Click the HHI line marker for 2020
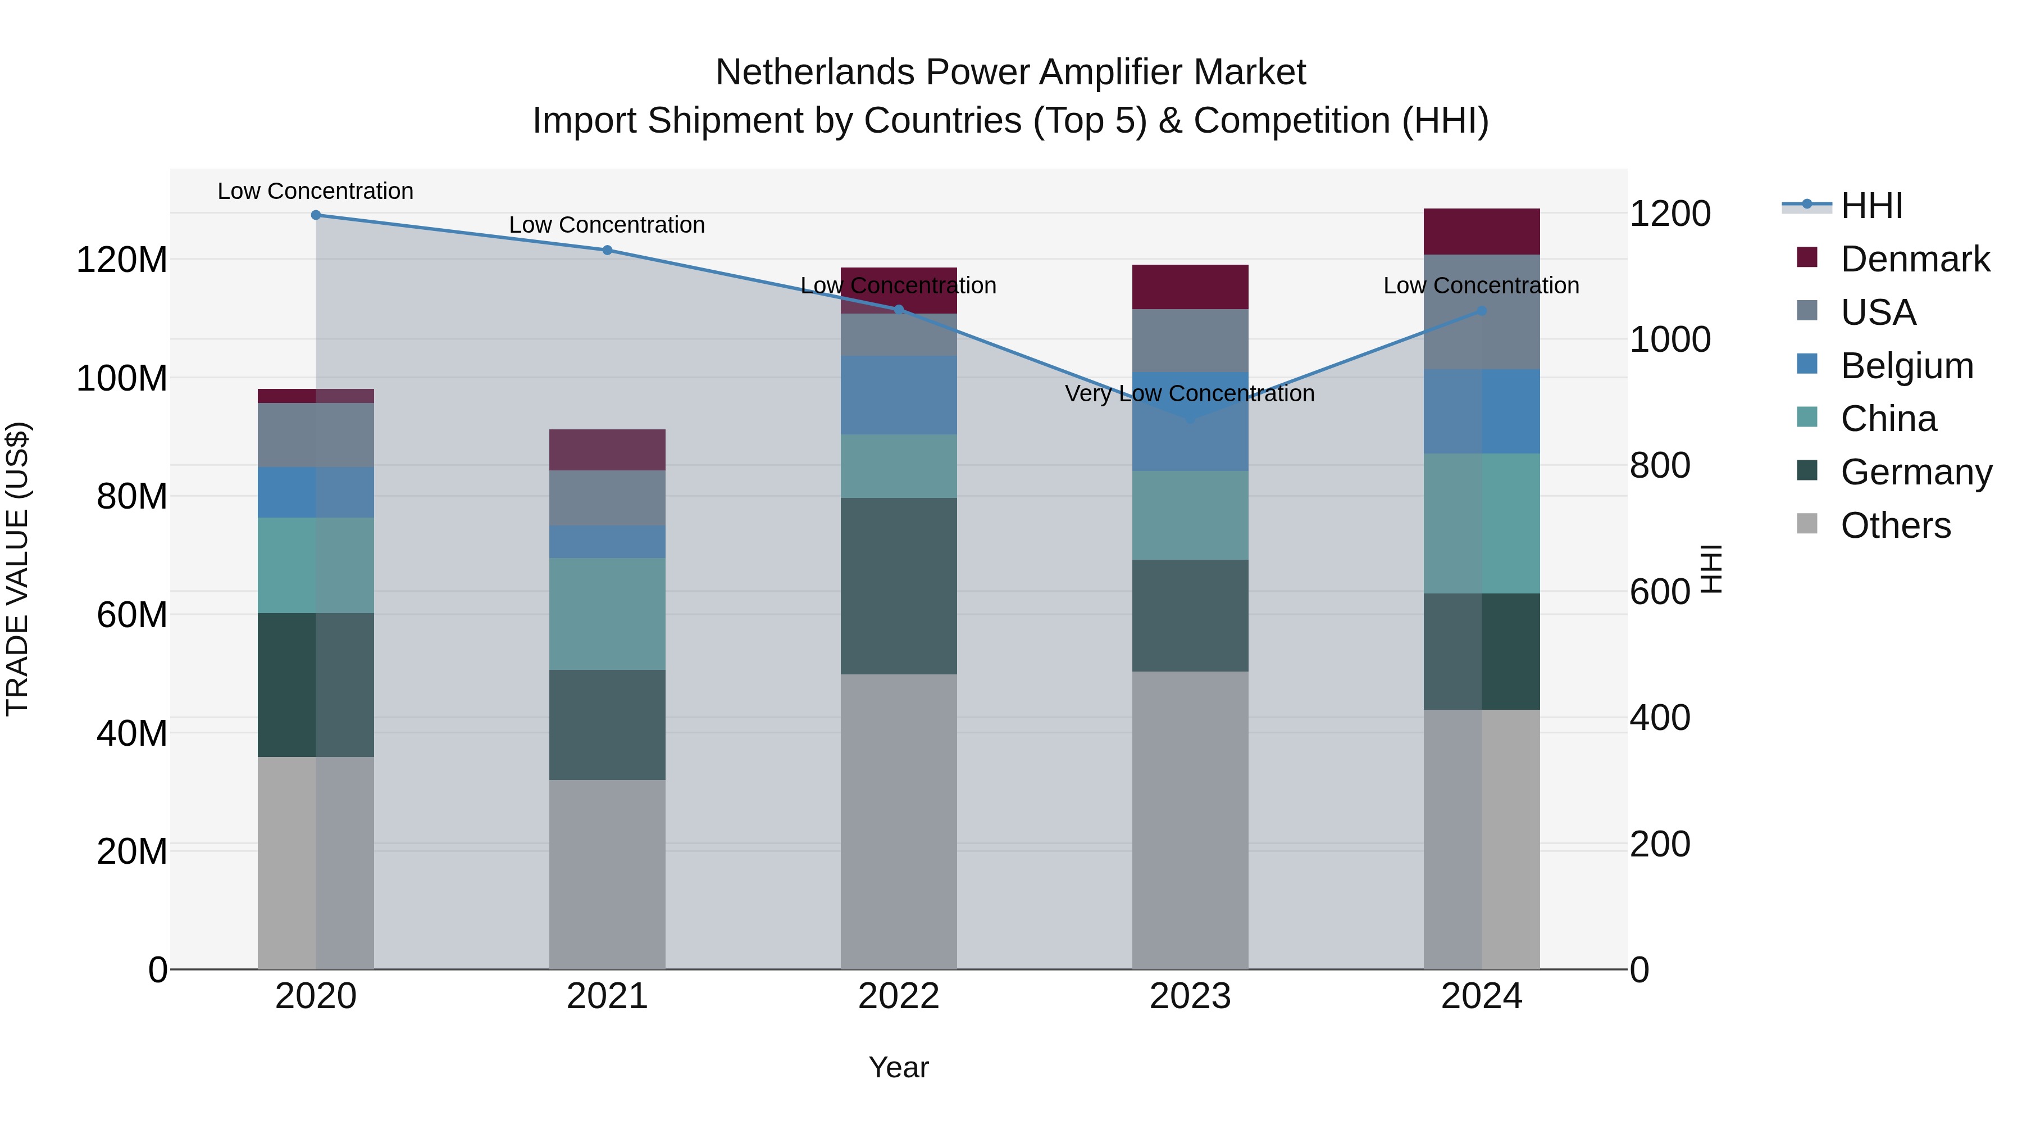316,215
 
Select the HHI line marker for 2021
607,250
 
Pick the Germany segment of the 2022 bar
899,586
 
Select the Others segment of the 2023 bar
1190,820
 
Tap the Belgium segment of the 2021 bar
607,542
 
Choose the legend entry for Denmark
1915,259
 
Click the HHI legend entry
1871,206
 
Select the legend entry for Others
1895,525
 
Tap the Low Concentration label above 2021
607,225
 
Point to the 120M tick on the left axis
122,259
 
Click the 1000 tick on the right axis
1670,339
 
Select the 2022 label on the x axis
899,996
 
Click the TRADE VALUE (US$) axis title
17,569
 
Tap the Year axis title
899,1067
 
